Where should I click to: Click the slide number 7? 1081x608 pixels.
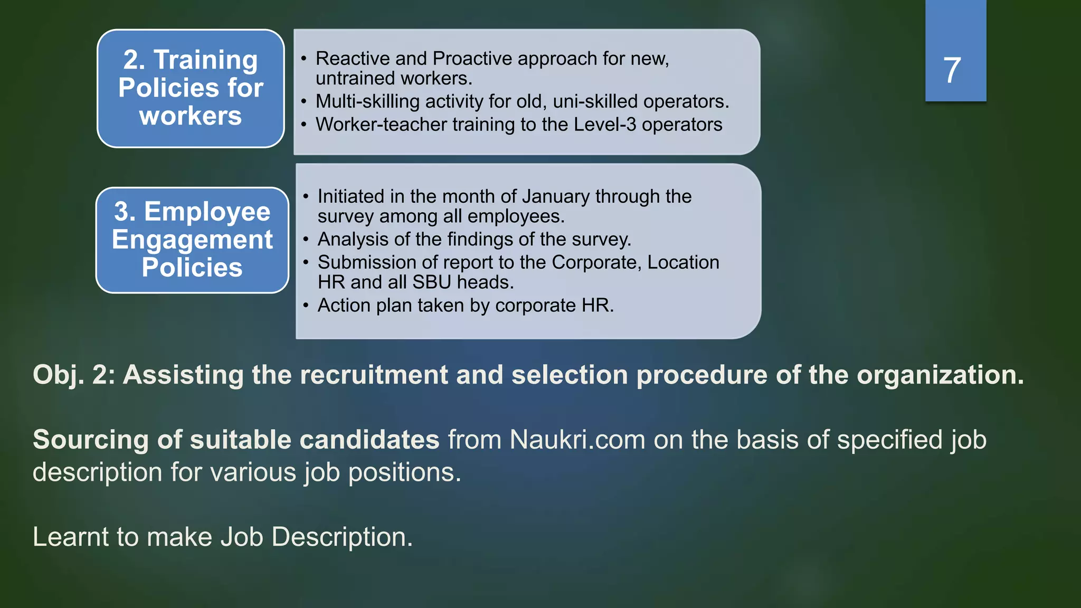click(x=952, y=70)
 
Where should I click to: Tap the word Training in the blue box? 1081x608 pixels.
click(x=206, y=60)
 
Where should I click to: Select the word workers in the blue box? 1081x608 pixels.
click(x=191, y=116)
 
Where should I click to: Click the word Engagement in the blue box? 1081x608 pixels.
click(x=192, y=240)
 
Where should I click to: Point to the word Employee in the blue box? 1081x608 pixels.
click(x=207, y=212)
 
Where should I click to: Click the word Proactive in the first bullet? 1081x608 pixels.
click(x=472, y=59)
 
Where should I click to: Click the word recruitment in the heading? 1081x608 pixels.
click(x=374, y=375)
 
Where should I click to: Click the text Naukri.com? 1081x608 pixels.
click(x=577, y=440)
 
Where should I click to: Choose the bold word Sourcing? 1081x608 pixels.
click(x=91, y=440)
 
